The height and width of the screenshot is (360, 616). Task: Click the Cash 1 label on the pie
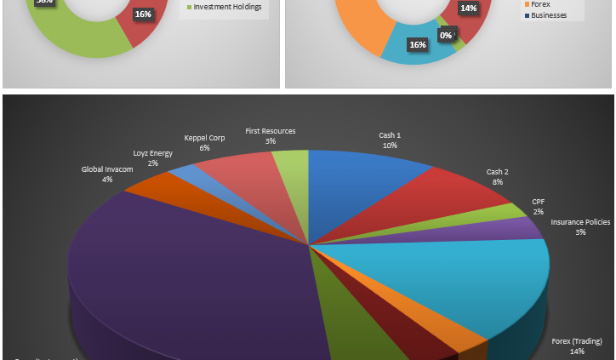coord(390,140)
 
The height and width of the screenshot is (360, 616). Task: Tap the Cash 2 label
coord(497,176)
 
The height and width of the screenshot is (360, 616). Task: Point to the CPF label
coord(538,206)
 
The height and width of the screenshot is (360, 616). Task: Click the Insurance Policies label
coord(580,226)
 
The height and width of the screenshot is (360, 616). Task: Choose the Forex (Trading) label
coord(577,346)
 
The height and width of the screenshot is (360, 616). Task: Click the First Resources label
coord(271,135)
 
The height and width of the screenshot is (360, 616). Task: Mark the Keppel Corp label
coord(205,142)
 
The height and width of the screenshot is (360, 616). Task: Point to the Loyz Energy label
coord(153,157)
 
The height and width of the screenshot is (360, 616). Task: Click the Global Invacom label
coord(107,174)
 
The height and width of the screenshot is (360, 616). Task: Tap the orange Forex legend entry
coord(540,4)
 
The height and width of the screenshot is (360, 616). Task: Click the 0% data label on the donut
coord(445,35)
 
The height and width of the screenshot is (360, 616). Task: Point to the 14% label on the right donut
coord(468,9)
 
